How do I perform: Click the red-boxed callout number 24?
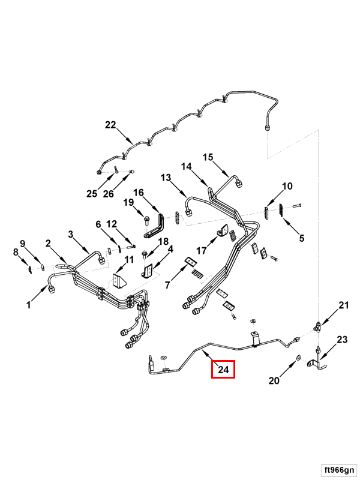click(223, 370)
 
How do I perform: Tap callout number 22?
click(110, 125)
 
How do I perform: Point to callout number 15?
click(208, 157)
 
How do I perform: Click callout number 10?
click(287, 186)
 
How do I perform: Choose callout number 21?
click(343, 305)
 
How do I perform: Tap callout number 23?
click(341, 340)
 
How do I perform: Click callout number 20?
click(274, 381)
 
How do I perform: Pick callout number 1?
click(28, 305)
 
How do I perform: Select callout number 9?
click(23, 243)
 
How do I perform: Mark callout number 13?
click(166, 178)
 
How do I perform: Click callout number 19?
click(128, 202)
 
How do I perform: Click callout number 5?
click(302, 238)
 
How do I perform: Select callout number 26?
click(109, 193)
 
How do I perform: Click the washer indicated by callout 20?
click(298, 360)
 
